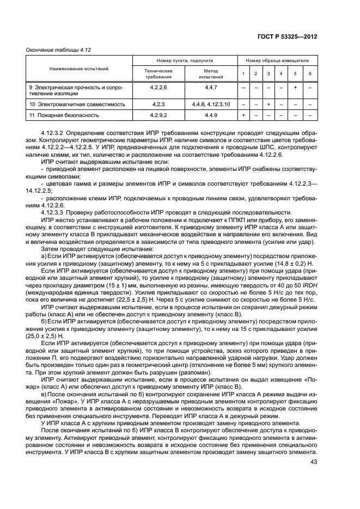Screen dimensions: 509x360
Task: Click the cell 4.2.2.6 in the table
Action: (x=158, y=87)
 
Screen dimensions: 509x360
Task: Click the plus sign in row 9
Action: (x=295, y=87)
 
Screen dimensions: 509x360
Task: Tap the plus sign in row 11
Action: (x=243, y=115)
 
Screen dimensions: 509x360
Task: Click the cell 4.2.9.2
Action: (x=158, y=115)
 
